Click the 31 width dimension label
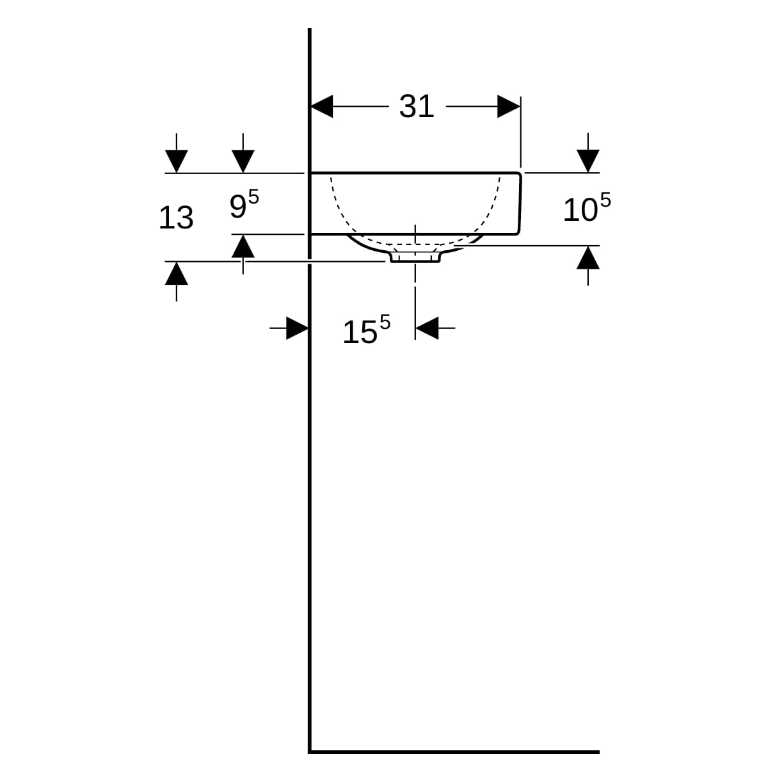coord(417,106)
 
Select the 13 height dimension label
coord(176,218)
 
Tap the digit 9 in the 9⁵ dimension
coord(237,206)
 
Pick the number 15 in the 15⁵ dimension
coord(360,333)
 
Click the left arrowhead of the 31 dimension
coord(322,107)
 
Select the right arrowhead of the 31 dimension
coord(509,107)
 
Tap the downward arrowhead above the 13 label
coord(177,161)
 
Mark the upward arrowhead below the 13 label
coord(177,273)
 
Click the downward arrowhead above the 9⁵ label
coord(243,161)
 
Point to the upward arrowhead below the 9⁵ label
coord(243,246)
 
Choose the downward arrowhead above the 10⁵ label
coord(588,160)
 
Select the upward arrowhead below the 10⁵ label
coord(588,258)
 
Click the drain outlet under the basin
coord(415,256)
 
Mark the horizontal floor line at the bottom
coord(454,751)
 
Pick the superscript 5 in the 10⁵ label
coord(605,200)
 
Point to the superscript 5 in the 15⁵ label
coord(384,323)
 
